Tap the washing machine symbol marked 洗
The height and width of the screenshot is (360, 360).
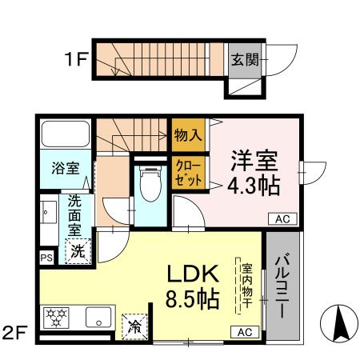coord(78,250)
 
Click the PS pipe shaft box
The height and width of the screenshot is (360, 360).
coord(46,258)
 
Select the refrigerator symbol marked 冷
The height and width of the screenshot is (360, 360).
coord(134,326)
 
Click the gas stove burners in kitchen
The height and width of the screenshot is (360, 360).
coord(58,316)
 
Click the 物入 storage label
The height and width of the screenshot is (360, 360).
coord(188,135)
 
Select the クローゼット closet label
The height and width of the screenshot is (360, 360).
coord(189,172)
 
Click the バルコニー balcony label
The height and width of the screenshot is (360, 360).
coord(282,285)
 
